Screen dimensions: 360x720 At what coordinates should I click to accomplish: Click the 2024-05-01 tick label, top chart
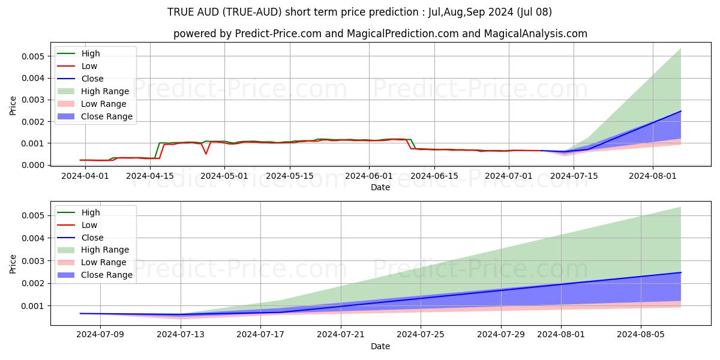click(225, 176)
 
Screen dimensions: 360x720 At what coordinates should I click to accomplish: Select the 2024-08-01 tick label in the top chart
click(653, 176)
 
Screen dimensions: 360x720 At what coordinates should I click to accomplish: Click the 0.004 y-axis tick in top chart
click(34, 78)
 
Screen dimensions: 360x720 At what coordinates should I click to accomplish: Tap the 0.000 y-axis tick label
click(34, 165)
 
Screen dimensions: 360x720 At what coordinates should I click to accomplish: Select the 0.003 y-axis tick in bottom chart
click(34, 261)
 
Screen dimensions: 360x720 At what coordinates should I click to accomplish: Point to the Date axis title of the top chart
click(380, 187)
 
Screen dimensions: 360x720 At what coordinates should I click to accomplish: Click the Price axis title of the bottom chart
click(13, 263)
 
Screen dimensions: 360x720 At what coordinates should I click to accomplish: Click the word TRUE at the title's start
click(180, 12)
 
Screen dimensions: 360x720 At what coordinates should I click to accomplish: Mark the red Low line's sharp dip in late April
click(206, 154)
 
